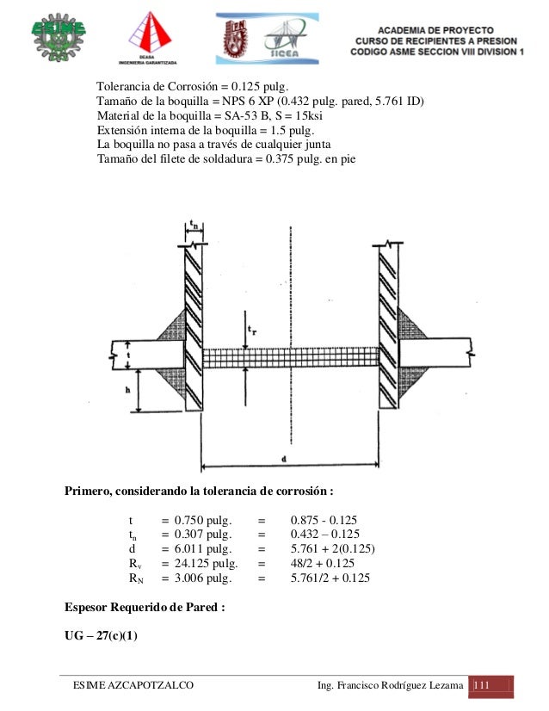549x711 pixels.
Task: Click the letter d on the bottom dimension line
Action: (283, 460)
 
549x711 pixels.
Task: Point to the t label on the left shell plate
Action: (128, 352)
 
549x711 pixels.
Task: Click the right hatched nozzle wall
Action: (387, 327)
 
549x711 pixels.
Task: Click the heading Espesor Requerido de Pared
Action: (145, 606)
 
